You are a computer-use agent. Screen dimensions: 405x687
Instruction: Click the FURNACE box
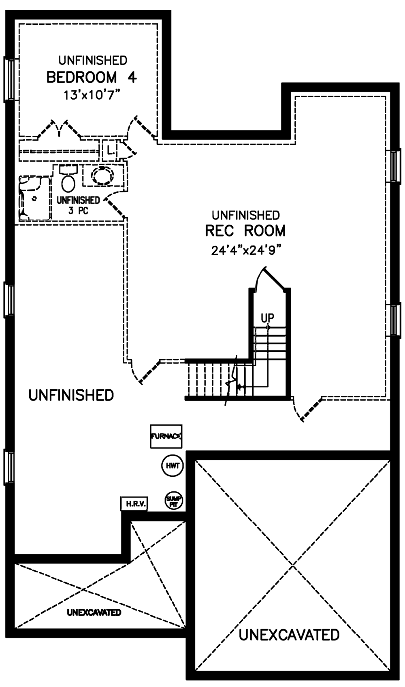pos(166,436)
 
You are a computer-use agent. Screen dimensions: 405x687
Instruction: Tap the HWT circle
pos(173,465)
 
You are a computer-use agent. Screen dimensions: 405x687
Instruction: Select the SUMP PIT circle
pos(174,501)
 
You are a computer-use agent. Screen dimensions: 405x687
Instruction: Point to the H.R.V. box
pos(134,504)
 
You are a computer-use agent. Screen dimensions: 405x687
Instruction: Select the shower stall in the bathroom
pos(35,198)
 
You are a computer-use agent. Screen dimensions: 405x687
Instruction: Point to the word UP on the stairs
pos(267,318)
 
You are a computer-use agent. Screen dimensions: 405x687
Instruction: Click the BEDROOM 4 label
pos(92,77)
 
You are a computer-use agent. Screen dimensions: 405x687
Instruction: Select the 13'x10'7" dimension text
pos(91,95)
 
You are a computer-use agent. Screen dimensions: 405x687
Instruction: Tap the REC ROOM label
pos(245,230)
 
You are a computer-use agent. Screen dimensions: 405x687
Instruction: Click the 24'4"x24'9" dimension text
pos(246,251)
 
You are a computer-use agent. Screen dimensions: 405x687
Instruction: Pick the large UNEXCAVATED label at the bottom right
pos(289,635)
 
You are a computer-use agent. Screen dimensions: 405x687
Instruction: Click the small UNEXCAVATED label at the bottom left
pos(94,612)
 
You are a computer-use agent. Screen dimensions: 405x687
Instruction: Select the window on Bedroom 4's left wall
pos(9,79)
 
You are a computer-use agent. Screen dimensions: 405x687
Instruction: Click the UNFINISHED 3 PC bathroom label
pos(78,205)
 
